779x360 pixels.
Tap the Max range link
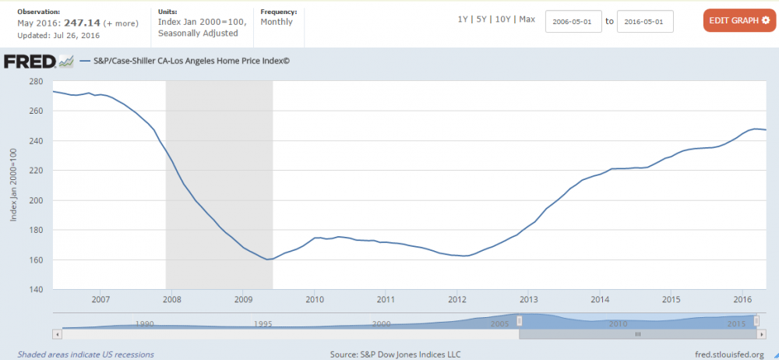tap(527, 19)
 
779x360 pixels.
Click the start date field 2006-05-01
tap(573, 21)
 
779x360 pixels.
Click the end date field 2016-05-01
tap(645, 21)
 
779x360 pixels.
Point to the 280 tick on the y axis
tap(35, 81)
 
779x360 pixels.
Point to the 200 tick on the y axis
tap(35, 200)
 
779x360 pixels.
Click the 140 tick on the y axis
tap(35, 289)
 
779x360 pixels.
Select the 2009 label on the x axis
tap(243, 299)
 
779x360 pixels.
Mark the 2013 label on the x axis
tap(529, 299)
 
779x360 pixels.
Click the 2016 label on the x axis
tap(743, 299)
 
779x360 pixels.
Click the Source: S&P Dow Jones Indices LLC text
tap(395, 355)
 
